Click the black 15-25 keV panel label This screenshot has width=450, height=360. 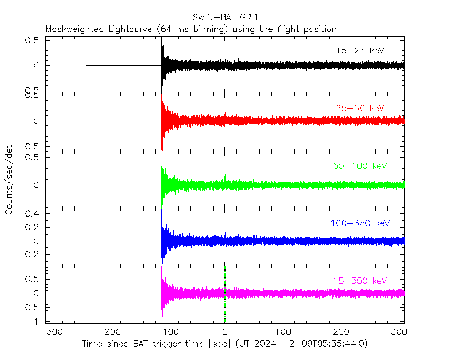click(x=360, y=51)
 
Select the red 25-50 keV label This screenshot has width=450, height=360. click(x=360, y=108)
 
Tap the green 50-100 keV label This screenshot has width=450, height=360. click(x=360, y=166)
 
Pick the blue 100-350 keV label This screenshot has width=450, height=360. click(x=360, y=223)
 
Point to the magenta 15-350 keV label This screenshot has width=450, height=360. click(x=360, y=280)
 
